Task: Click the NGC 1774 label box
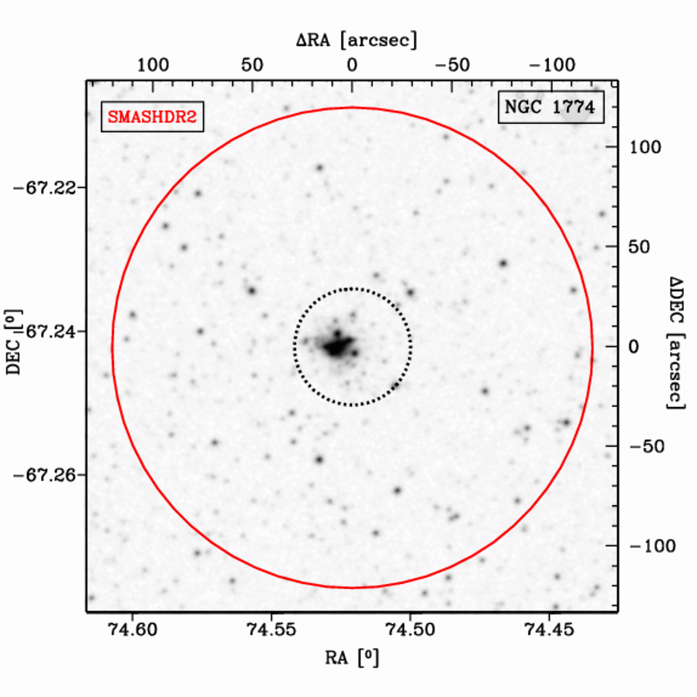point(551,107)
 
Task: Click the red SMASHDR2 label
point(152,116)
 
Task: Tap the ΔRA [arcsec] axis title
point(356,40)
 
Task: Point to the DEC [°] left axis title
point(14,342)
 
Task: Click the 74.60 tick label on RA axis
point(133,630)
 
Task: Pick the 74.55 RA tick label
point(271,630)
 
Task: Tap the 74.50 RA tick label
point(410,630)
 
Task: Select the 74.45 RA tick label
point(549,630)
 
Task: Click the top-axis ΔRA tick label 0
point(352,65)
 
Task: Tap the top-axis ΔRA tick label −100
point(552,65)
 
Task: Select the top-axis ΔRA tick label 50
point(252,65)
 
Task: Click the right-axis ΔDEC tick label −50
point(647,447)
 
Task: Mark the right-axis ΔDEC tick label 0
point(633,347)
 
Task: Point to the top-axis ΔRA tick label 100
point(153,65)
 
